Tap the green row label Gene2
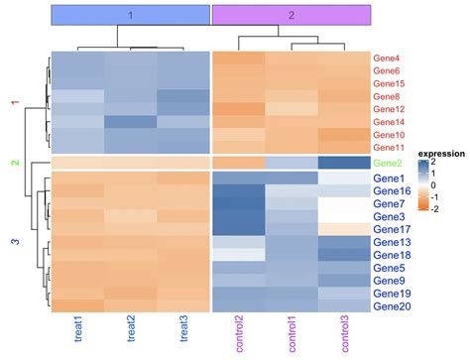click(389, 163)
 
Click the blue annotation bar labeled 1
click(129, 15)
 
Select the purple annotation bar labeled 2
click(291, 15)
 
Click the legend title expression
click(440, 154)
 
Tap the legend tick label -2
click(447, 209)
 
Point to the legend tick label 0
click(447, 185)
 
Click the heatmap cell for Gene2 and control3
click(343, 163)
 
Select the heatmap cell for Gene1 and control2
click(239, 178)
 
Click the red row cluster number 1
click(14, 103)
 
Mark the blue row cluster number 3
click(14, 242)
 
